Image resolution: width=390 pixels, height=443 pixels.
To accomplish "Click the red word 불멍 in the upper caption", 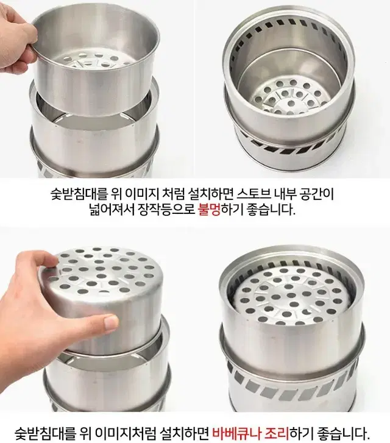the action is [x=209, y=210].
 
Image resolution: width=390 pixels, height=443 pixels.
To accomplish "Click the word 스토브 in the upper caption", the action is [x=253, y=194].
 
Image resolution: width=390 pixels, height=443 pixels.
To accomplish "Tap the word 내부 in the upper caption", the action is [x=285, y=194].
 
